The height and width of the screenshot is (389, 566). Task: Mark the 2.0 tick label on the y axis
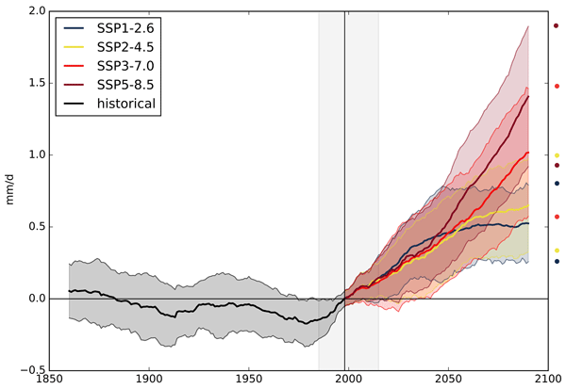tap(33, 11)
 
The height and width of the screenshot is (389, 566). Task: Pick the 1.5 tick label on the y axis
tap(33, 83)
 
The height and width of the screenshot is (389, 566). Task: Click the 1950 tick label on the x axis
tap(248, 381)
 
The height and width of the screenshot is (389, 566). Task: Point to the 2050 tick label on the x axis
tap(447, 381)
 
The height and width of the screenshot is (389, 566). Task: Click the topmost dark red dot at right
tap(557, 26)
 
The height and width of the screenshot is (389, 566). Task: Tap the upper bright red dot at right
tap(557, 86)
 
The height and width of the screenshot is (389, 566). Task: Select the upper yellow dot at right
tap(557, 155)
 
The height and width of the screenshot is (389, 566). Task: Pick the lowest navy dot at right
tap(557, 262)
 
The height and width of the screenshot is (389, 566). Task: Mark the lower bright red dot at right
tap(557, 217)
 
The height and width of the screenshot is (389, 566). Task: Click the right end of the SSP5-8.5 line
tap(528, 96)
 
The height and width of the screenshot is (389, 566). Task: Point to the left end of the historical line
tap(69, 291)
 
